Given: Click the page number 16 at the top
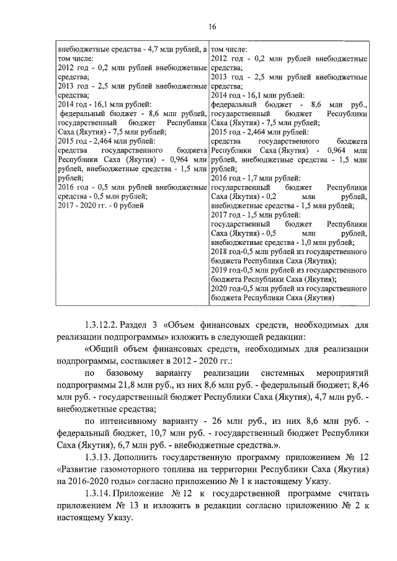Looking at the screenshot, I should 212,27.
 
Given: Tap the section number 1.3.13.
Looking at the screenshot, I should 97,458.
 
